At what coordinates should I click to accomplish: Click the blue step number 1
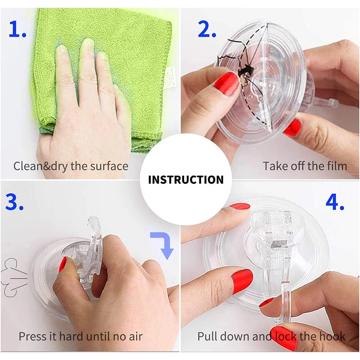(x=18, y=29)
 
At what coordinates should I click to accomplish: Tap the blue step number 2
(x=207, y=29)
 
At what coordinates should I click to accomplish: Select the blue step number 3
(x=14, y=202)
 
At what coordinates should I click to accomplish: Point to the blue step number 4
(x=335, y=202)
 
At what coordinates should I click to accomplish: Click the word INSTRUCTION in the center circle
(x=186, y=180)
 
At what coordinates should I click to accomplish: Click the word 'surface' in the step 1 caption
(x=109, y=166)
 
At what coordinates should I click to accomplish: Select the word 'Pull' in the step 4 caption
(x=206, y=336)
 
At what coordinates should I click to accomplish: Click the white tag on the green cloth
(x=170, y=77)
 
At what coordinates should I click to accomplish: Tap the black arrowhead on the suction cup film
(x=245, y=71)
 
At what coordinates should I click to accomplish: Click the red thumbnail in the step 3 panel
(x=62, y=264)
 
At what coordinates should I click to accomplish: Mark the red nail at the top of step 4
(x=240, y=206)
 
